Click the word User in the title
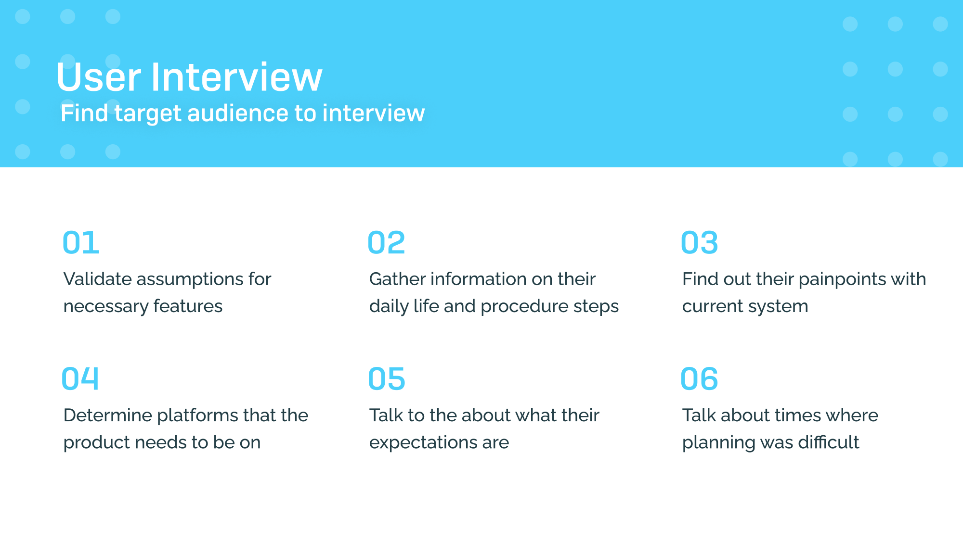[99, 77]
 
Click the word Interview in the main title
[237, 77]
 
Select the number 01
[81, 242]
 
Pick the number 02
[386, 242]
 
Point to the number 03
[699, 242]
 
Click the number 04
[80, 378]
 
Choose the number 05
[386, 378]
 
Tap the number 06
[699, 378]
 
